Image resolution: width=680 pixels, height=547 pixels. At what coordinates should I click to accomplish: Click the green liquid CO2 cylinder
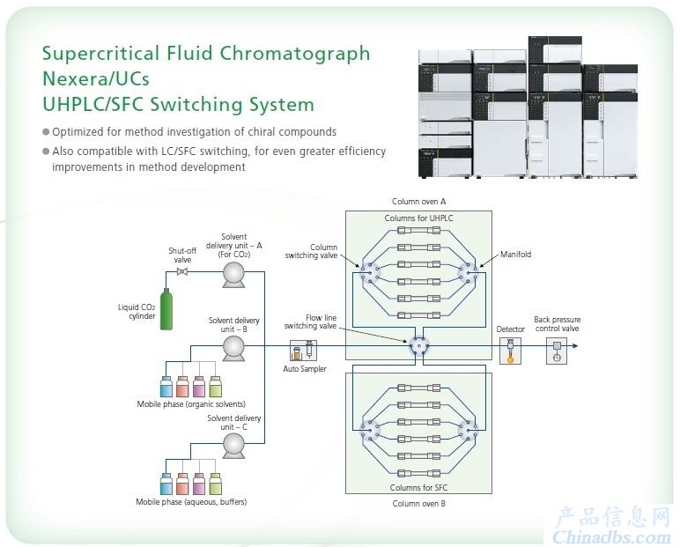(166, 309)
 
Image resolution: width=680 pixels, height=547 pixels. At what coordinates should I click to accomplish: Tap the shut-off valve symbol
(182, 272)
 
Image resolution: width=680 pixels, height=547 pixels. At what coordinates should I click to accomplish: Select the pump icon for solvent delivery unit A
(233, 276)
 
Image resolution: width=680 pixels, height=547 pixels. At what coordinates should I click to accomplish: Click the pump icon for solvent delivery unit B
(233, 349)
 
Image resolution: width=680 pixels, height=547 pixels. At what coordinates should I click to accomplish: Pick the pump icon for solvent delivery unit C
(233, 446)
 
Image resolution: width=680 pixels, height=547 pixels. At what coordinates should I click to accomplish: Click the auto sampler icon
(303, 351)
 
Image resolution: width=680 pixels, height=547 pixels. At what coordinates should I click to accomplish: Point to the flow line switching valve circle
(419, 346)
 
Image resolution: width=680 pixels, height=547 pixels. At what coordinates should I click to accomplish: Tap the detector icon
(510, 351)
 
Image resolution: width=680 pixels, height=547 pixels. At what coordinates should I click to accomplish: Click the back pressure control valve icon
(557, 351)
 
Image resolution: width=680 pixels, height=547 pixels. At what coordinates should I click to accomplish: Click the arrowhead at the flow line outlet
(575, 346)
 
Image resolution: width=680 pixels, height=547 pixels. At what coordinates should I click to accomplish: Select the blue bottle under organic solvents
(166, 387)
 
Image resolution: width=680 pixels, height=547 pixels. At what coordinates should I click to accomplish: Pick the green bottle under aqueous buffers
(216, 484)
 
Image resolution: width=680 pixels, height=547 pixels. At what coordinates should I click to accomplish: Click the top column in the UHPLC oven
(419, 231)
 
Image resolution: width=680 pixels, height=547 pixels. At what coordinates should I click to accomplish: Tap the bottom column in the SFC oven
(419, 473)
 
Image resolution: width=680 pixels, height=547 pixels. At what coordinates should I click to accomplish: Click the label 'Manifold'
(515, 255)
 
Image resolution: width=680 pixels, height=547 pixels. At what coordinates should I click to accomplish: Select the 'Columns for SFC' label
(418, 488)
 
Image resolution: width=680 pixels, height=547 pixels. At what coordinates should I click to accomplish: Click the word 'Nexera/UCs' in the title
(96, 79)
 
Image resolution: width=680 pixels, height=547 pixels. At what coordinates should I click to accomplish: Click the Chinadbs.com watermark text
(611, 537)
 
